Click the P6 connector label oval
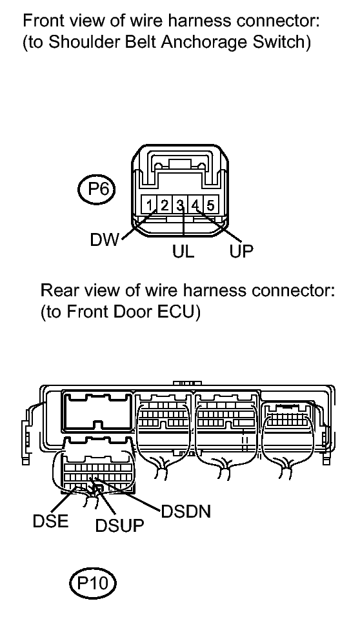pos(95,190)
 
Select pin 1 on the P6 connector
pos(150,206)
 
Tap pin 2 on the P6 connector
pos(165,206)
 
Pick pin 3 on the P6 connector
pos(180,206)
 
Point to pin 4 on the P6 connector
pos(195,206)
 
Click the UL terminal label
pos(183,251)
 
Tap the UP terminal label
pos(241,251)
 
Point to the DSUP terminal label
pos(119,525)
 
